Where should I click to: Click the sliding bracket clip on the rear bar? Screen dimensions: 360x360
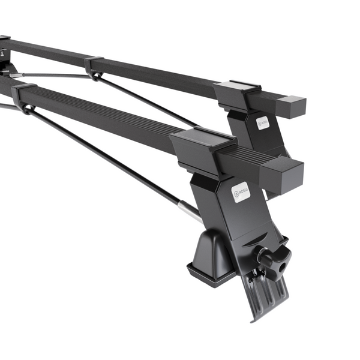[94, 62]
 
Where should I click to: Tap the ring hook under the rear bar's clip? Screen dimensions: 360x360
[96, 76]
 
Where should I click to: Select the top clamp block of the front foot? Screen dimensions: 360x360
[201, 144]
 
